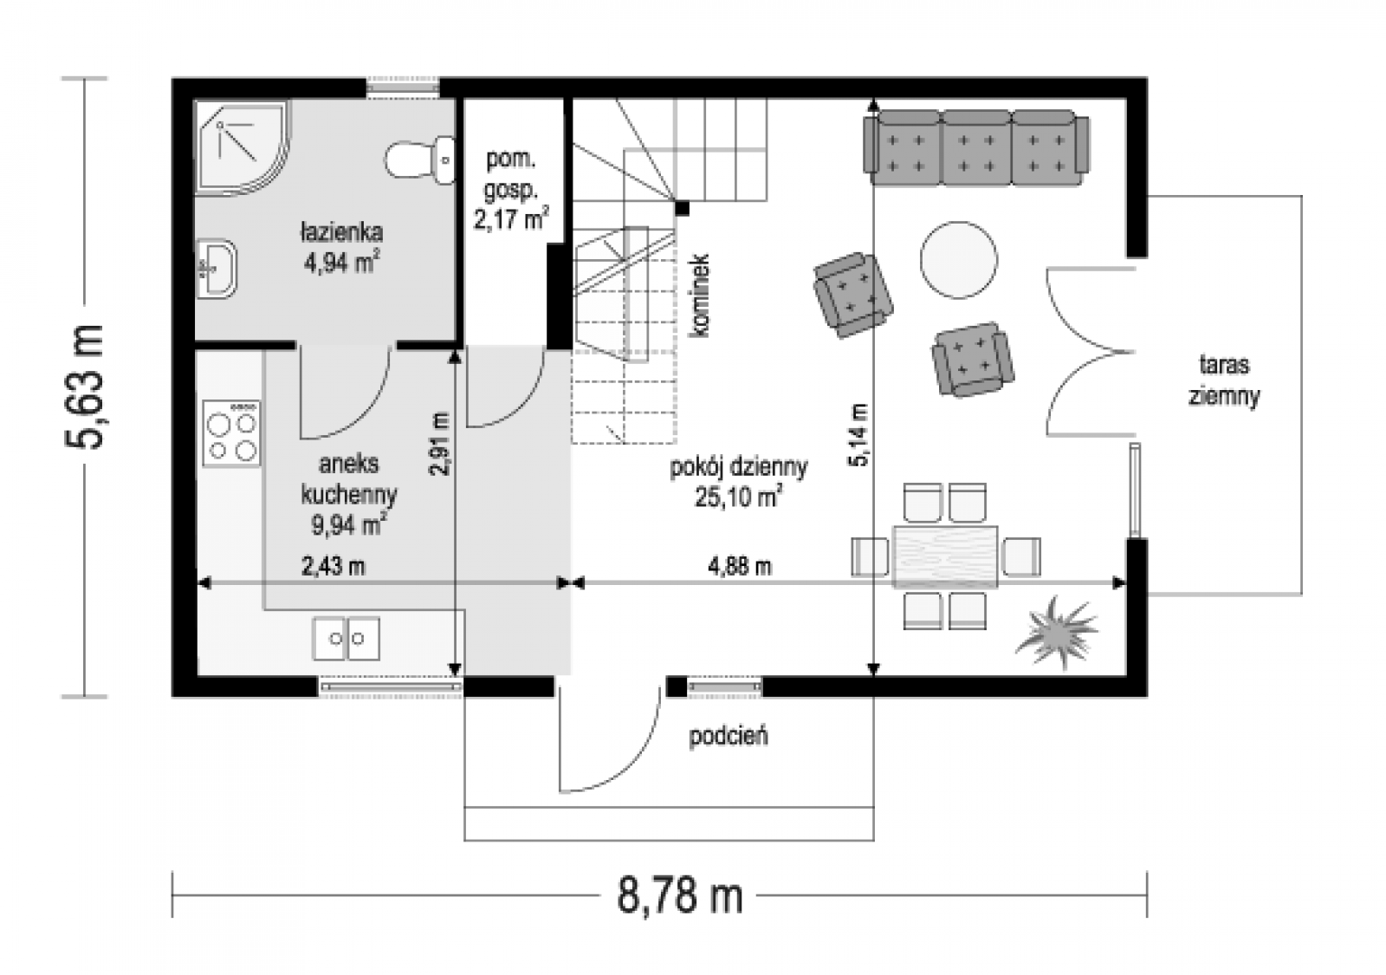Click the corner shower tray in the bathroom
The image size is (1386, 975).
pos(243,148)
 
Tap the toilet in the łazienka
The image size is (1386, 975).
pos(420,159)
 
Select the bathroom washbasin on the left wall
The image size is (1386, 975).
pos(217,269)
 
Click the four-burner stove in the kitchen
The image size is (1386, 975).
pos(231,433)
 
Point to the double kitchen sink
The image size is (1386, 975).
pos(346,638)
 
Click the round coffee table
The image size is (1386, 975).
pos(958,260)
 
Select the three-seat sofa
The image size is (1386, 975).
pos(976,148)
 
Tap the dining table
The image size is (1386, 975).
pos(945,556)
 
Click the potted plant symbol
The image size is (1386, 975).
pos(1056,632)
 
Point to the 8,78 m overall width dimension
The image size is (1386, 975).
pos(679,896)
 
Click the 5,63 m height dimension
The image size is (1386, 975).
pos(85,387)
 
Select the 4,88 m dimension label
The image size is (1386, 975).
pos(740,566)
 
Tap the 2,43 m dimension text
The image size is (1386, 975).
pos(334,566)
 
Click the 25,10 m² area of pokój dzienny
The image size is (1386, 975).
pos(738,497)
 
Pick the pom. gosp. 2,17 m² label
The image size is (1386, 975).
pos(511,189)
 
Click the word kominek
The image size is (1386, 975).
pos(700,296)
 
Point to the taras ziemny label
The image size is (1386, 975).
pos(1224,380)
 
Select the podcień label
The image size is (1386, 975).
pos(729,736)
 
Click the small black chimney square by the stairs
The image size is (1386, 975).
pos(682,208)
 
